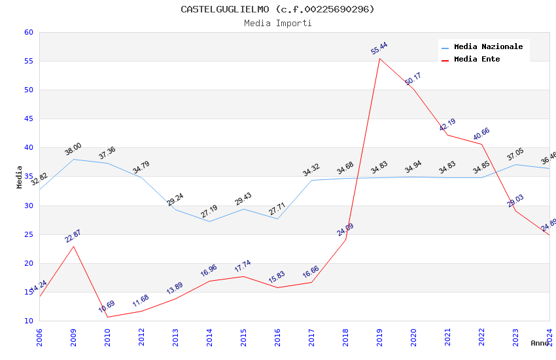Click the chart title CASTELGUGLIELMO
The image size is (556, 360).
point(277,9)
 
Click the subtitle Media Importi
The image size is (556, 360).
point(277,24)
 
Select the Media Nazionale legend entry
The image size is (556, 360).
point(488,47)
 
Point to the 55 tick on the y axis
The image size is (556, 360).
point(28,62)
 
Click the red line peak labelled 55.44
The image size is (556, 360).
point(379,59)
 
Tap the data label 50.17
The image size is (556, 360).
point(413,79)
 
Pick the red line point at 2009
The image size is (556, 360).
point(74,246)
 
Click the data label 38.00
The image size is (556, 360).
point(73,149)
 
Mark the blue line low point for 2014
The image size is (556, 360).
point(210,221)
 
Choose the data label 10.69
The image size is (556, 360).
point(107,306)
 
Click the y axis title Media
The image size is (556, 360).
point(20,177)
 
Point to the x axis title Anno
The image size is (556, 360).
point(540,343)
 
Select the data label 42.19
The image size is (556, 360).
point(447,125)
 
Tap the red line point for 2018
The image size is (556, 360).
point(345,239)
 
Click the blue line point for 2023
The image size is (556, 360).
point(515,164)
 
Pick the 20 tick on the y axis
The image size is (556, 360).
point(28,263)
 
